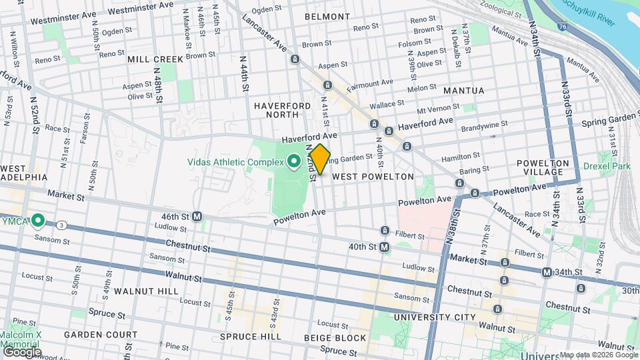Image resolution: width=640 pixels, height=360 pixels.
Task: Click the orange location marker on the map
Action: pyautogui.click(x=320, y=159)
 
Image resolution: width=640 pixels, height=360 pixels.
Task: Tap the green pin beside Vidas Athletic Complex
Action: pyautogui.click(x=293, y=160)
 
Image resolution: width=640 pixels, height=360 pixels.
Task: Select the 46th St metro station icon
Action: pyautogui.click(x=197, y=217)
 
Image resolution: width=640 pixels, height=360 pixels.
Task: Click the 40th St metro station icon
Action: pyautogui.click(x=385, y=247)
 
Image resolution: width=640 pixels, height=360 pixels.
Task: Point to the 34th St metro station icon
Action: pyautogui.click(x=547, y=272)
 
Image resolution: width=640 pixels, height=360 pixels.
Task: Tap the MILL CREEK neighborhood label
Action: pyautogui.click(x=155, y=59)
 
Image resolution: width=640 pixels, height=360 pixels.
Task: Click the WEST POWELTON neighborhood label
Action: pyautogui.click(x=373, y=177)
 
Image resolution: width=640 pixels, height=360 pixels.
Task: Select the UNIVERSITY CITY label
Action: pyautogui.click(x=434, y=317)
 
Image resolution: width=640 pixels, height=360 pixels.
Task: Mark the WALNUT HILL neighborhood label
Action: pyautogui.click(x=145, y=291)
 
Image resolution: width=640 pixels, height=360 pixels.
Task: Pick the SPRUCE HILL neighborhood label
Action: pyautogui.click(x=250, y=337)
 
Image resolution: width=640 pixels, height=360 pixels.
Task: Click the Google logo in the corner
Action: pyautogui.click(x=21, y=351)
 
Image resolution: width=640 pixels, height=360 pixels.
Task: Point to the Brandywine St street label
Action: pyautogui.click(x=485, y=125)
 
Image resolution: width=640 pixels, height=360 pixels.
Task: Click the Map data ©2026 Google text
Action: pyautogui.click(x=598, y=355)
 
